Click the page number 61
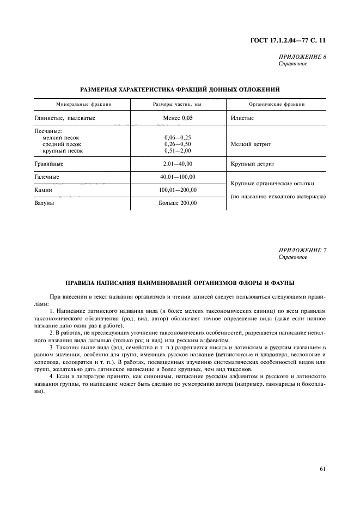pos(322,467)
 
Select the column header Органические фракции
pos(276,104)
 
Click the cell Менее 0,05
pos(178,117)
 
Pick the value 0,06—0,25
pos(178,137)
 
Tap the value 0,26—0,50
pos(178,144)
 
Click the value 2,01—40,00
pos(178,163)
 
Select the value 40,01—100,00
pos(178,177)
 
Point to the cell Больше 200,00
pos(178,203)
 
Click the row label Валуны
pos(45,203)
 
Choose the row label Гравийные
pos(49,163)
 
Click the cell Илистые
pos(242,117)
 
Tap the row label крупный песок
pos(63,150)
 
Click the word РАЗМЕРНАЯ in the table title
pos(102,88)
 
